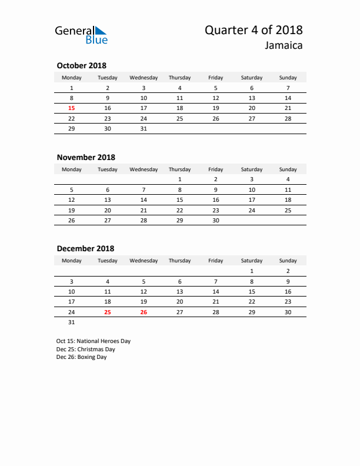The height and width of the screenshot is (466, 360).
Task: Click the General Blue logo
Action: (81, 35)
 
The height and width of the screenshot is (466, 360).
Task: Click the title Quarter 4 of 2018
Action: (254, 31)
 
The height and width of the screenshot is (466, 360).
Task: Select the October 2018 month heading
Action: (81, 66)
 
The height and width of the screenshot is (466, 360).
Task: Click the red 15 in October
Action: (72, 108)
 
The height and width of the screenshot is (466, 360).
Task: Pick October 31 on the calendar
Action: (144, 128)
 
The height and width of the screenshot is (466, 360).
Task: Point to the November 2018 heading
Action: (86, 157)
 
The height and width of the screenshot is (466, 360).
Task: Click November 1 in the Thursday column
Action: (179, 179)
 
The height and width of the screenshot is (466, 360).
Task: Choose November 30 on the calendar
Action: (215, 219)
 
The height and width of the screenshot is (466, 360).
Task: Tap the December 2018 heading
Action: (85, 249)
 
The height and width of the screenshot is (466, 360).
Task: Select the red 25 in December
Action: (108, 312)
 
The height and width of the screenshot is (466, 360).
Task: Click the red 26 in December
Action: (144, 312)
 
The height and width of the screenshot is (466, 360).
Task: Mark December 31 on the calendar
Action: (72, 322)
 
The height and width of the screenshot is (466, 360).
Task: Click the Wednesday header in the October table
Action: (144, 78)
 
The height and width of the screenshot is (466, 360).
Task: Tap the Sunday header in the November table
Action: (288, 169)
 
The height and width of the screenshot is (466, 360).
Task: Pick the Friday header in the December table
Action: (215, 261)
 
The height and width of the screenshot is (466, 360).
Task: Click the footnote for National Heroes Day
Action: (94, 341)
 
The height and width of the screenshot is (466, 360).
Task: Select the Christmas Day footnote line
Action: (86, 349)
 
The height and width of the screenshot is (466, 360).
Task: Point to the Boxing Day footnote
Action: (82, 357)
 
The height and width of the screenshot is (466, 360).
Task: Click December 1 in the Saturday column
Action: (252, 271)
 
